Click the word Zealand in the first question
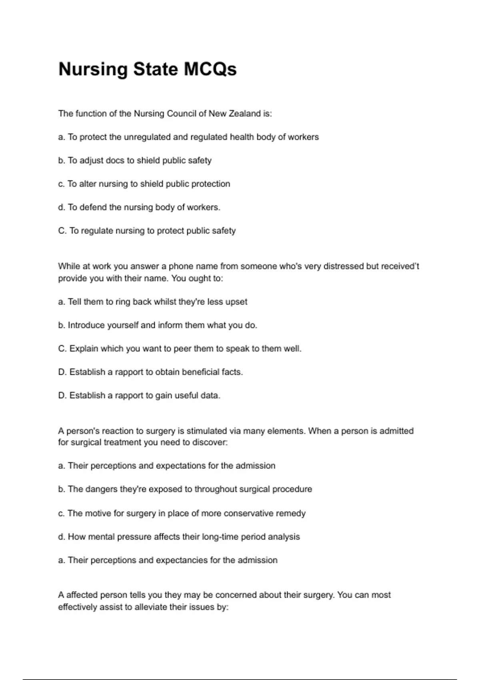(244, 114)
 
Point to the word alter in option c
(88, 184)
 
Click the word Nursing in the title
(93, 69)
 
